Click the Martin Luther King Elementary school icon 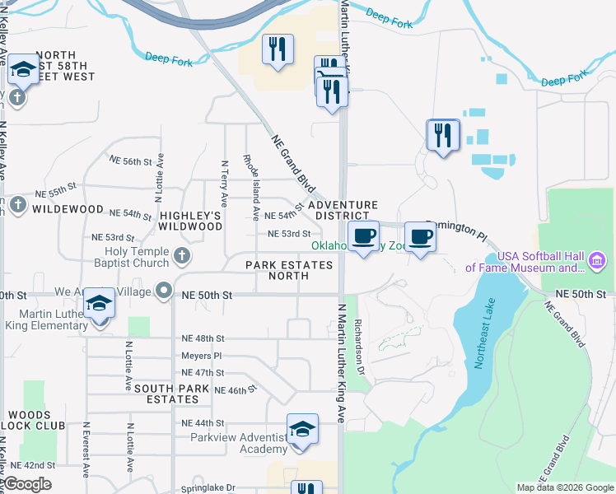click(x=100, y=305)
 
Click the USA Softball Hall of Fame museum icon click(x=597, y=262)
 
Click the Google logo click(x=27, y=484)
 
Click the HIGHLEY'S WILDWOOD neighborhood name click(x=190, y=221)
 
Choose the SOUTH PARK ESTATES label click(x=166, y=394)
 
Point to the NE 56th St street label click(x=133, y=161)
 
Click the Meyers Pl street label click(x=202, y=356)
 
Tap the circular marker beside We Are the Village click(x=165, y=291)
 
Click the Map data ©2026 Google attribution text click(x=566, y=487)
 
